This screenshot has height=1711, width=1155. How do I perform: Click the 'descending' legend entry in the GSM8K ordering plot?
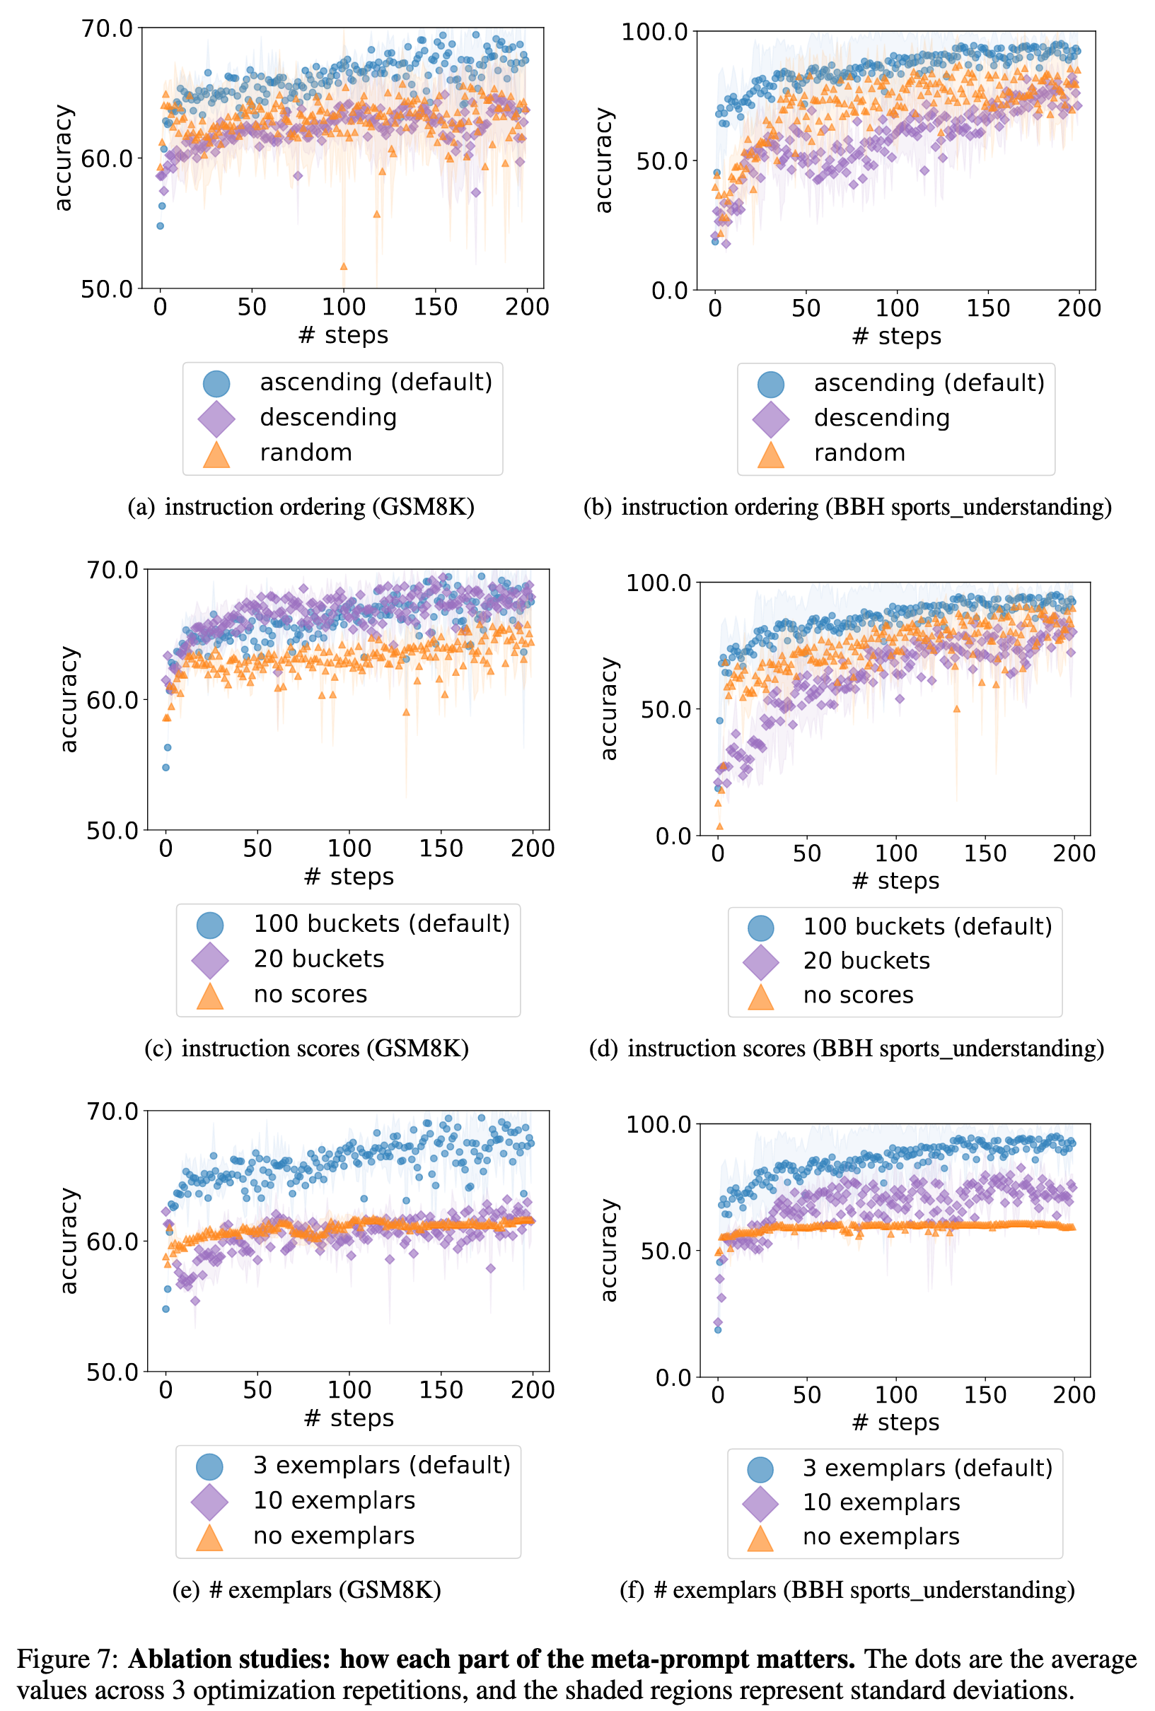tap(327, 417)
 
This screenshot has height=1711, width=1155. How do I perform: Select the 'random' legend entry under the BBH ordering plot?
tap(859, 452)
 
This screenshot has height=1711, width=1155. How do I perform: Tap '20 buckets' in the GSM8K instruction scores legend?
tap(318, 959)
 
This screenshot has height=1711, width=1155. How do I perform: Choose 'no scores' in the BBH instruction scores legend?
tap(857, 995)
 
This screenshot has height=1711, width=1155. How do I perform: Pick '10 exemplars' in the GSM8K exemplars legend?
tap(334, 1500)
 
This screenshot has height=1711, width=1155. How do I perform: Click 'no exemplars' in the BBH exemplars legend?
tap(881, 1536)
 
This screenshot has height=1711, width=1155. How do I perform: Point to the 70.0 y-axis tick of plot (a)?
tap(107, 29)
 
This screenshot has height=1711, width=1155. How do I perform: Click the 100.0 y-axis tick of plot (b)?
tap(654, 32)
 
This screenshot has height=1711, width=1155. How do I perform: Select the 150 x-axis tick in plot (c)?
tap(441, 849)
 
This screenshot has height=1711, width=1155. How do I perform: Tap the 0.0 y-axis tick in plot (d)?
tap(673, 836)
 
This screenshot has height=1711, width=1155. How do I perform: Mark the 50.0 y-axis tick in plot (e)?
tap(112, 1372)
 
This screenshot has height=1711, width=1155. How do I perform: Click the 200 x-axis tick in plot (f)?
tap(1074, 1394)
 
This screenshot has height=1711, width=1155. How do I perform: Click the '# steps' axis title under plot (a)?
tap(343, 335)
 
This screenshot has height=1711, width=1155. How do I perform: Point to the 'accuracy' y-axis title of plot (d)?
tap(608, 708)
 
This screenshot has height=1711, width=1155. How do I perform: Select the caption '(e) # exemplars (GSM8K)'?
tap(306, 1590)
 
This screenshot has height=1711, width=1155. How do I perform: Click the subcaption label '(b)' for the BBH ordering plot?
tap(598, 507)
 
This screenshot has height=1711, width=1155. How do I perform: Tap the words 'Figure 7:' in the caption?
tap(66, 1659)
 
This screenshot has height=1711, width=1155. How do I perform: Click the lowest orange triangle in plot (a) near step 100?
tap(343, 267)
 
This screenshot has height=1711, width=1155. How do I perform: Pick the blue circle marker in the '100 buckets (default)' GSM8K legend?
tap(210, 925)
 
